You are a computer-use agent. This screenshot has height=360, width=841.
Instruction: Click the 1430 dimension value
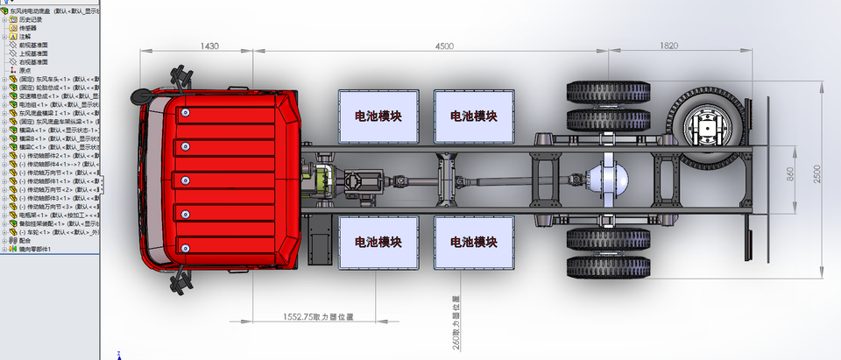click(209, 46)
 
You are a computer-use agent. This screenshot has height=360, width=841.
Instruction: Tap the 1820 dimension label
click(669, 46)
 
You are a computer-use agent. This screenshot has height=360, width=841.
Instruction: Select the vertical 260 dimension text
click(456, 323)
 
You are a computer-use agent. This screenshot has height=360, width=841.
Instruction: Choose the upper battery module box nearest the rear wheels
click(474, 116)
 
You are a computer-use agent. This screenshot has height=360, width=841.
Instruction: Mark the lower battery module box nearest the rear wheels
click(474, 241)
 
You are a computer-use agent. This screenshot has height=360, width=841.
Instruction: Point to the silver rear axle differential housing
click(611, 179)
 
